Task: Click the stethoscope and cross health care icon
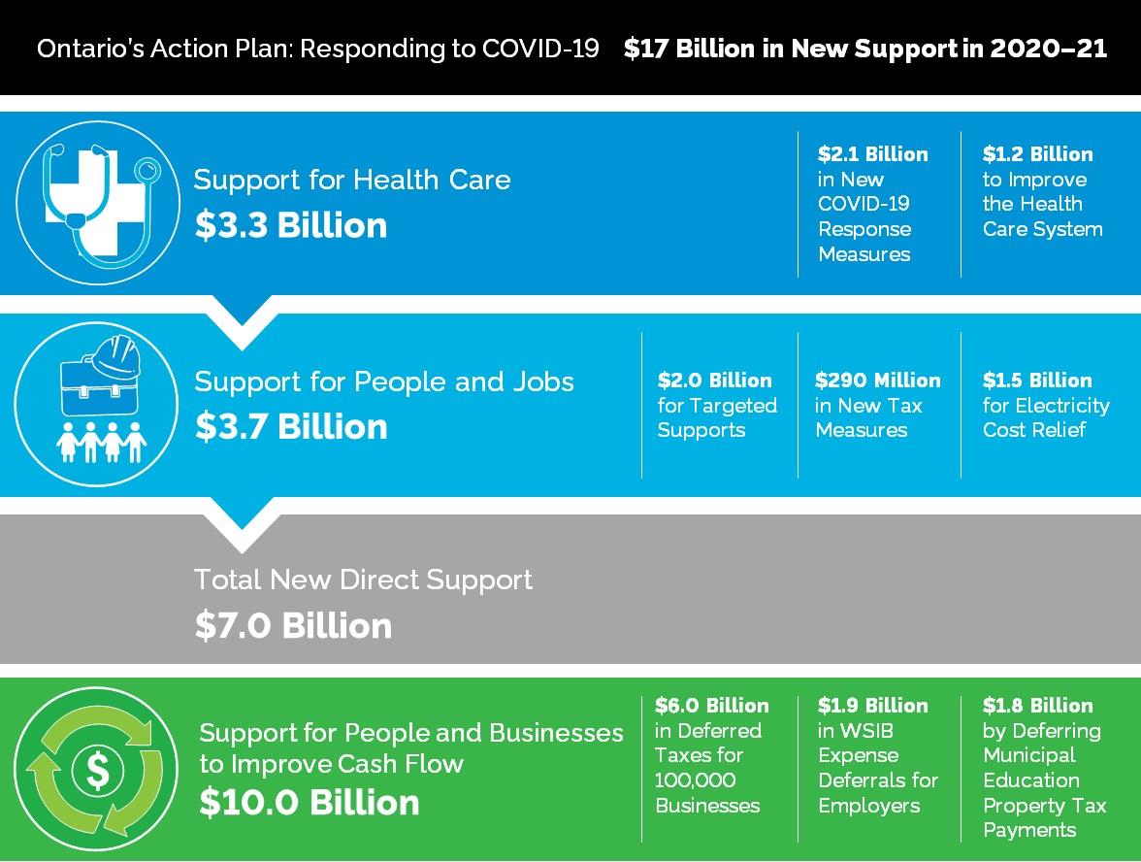(97, 202)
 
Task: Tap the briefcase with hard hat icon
(95, 374)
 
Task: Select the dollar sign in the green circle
(98, 770)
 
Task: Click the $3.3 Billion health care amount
(291, 225)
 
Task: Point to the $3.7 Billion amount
(291, 426)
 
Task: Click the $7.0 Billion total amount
(293, 625)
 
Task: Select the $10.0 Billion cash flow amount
(310, 803)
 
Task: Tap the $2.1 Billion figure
(872, 154)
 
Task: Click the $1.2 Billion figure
(1037, 154)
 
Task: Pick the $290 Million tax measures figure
(877, 381)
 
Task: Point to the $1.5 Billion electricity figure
(1036, 381)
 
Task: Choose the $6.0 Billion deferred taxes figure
(711, 706)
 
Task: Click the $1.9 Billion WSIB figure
(872, 706)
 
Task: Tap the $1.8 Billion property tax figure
(1037, 706)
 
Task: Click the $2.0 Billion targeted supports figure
(714, 381)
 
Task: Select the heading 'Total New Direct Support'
(363, 580)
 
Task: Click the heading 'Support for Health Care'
(351, 180)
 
